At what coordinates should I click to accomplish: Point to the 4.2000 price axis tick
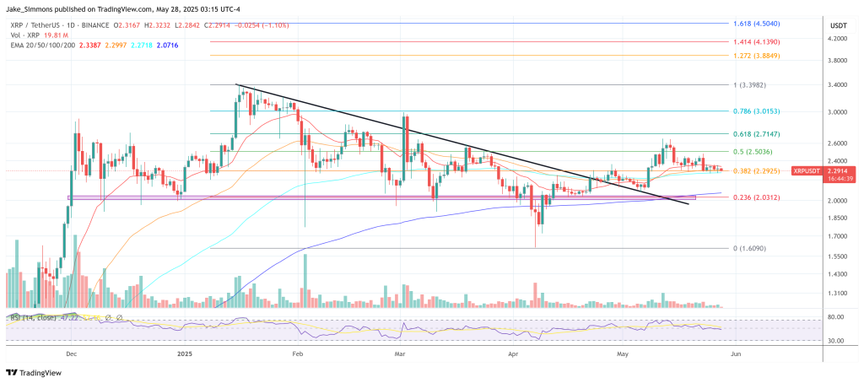pos(837,39)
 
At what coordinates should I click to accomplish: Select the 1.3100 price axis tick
pos(837,294)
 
